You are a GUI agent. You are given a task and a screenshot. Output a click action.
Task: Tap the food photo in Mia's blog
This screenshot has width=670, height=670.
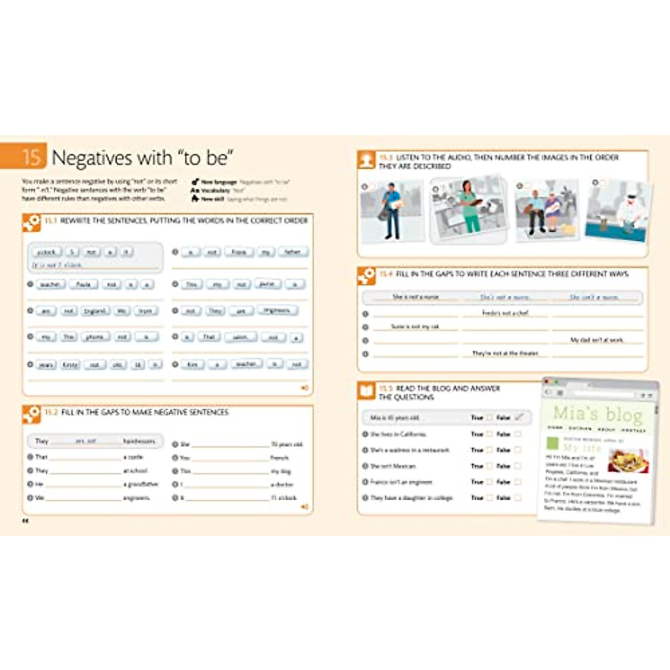(628, 461)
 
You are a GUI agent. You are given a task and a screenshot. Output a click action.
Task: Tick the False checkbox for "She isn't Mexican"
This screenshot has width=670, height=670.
(518, 466)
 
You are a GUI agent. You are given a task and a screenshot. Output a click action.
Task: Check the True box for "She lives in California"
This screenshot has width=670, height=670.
(490, 434)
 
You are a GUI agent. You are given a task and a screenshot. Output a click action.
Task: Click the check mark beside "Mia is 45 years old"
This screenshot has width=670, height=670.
(519, 417)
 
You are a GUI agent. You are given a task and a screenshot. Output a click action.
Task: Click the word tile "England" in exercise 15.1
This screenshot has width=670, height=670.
(95, 311)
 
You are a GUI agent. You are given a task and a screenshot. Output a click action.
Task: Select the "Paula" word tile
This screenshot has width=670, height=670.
(83, 285)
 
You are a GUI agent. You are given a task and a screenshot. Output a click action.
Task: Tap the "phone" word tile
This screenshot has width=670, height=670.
(95, 337)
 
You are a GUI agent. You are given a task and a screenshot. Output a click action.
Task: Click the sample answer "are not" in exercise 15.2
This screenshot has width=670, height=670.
(86, 441)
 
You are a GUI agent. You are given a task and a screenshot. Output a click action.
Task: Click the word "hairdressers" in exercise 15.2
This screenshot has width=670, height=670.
(139, 441)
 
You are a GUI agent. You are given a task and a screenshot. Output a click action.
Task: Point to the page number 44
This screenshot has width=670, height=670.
(25, 520)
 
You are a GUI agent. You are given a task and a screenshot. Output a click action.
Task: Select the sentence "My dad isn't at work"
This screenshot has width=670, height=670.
(596, 340)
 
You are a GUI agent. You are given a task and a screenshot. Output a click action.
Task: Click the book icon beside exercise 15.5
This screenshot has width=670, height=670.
(366, 391)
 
